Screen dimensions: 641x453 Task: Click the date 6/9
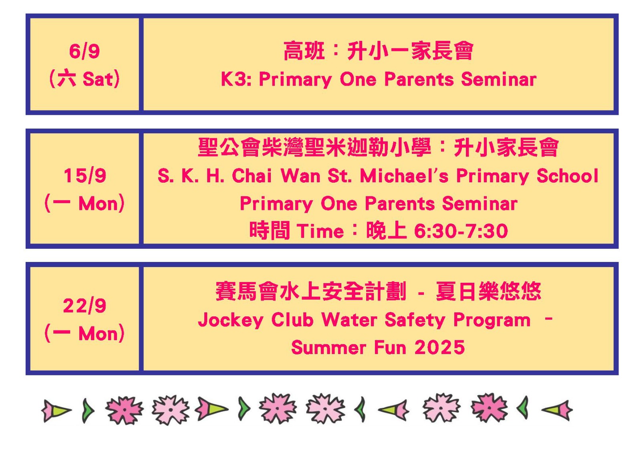point(85,52)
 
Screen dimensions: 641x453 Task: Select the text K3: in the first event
point(236,79)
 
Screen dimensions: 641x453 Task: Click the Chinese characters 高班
point(304,51)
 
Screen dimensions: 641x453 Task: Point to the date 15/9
point(85,175)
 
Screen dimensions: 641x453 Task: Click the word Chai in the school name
point(252,175)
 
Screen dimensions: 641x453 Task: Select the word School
point(567,175)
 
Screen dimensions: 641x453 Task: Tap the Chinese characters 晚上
point(386,230)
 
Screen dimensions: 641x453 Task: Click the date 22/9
point(85,306)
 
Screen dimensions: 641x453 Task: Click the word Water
point(349,319)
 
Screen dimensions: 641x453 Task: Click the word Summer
point(329,347)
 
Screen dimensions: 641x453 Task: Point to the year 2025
point(439,347)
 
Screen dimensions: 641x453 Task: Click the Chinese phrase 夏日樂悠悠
point(488,291)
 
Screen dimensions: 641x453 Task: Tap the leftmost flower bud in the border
point(56,411)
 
